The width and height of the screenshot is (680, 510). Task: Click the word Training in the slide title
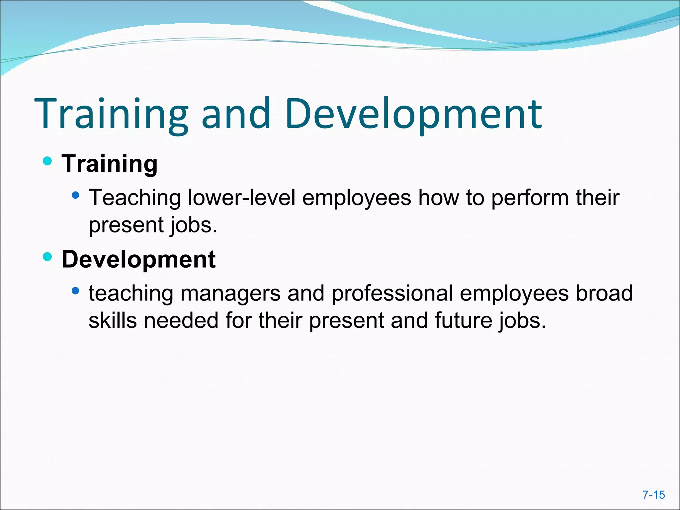(x=112, y=114)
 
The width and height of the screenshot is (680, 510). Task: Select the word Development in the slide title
(x=413, y=114)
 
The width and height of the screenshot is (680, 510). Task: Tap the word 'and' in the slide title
(x=236, y=114)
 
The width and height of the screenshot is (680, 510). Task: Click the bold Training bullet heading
(x=110, y=164)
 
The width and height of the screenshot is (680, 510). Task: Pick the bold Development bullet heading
(x=138, y=259)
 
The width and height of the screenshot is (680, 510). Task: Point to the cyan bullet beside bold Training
(x=47, y=161)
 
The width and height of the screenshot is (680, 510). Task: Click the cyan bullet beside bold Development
(x=47, y=257)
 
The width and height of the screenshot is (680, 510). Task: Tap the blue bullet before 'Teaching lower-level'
(x=76, y=195)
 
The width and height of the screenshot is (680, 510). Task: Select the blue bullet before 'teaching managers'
(x=76, y=291)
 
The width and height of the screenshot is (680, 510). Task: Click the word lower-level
(x=241, y=198)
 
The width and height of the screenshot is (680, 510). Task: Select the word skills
(x=113, y=321)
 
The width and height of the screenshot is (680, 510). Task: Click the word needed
(x=181, y=321)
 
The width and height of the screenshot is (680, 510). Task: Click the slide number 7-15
(x=654, y=495)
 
